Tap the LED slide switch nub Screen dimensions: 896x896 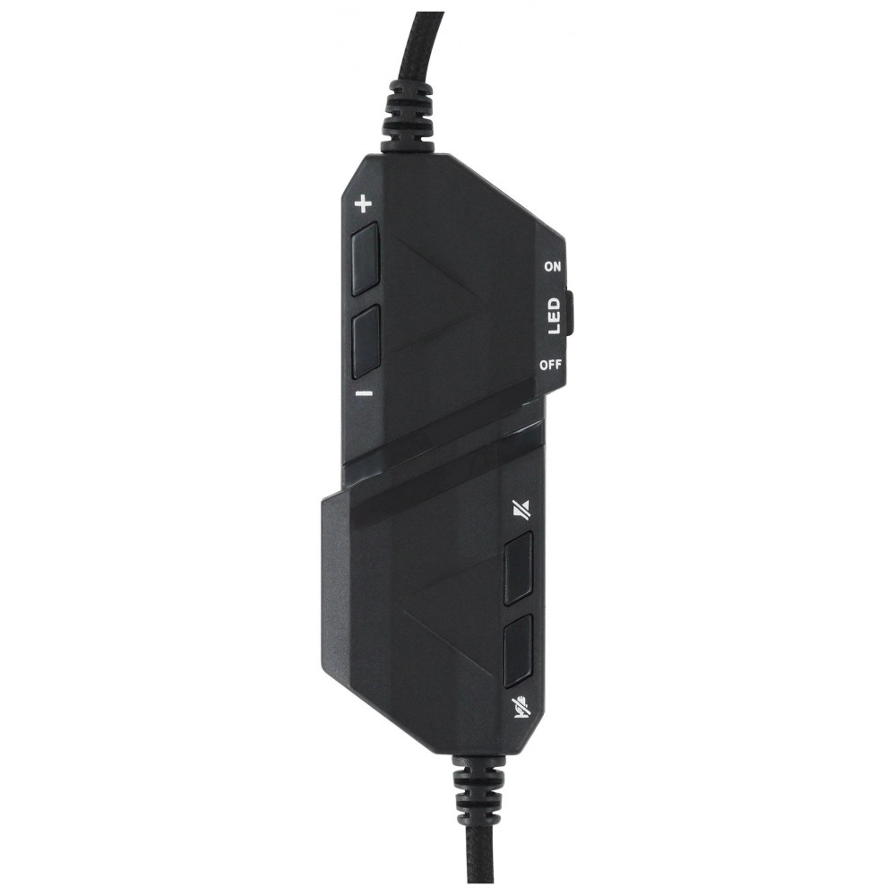tap(573, 314)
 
